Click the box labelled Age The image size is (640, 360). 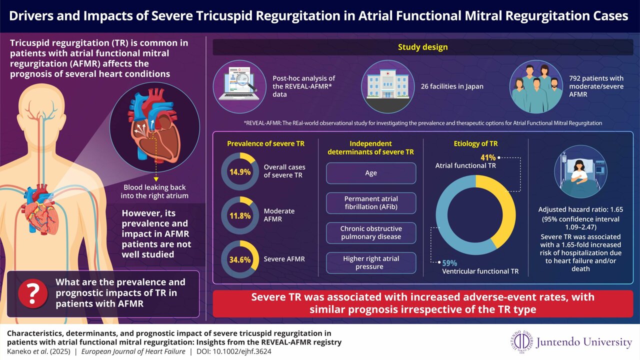click(371, 173)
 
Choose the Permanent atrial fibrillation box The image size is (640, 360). click(371, 203)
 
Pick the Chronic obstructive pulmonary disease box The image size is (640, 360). click(371, 232)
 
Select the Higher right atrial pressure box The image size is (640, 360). click(371, 262)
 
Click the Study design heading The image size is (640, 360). click(422, 47)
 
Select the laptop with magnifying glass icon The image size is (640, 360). click(239, 85)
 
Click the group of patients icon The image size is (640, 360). click(536, 87)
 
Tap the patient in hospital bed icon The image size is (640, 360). click(580, 172)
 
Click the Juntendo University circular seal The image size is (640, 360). click(522, 342)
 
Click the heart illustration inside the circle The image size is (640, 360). click(156, 131)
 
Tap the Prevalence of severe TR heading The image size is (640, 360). click(265, 144)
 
